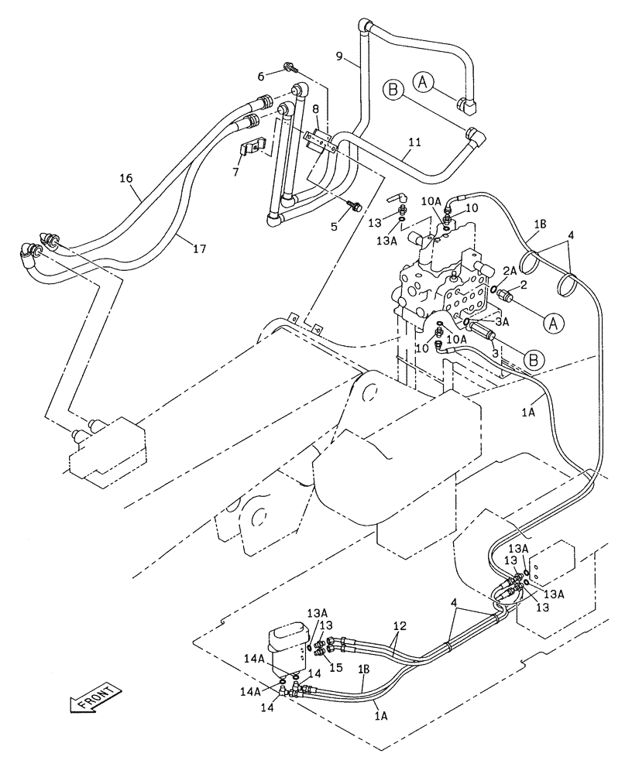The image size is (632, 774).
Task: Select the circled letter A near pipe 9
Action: tap(422, 80)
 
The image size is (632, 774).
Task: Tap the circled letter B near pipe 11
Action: tap(393, 91)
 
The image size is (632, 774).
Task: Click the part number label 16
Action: tap(126, 178)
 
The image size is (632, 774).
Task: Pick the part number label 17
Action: tap(199, 248)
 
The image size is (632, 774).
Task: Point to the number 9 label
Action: tap(339, 55)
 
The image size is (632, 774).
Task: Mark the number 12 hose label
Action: tap(399, 625)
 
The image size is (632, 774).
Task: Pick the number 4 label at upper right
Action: tap(570, 235)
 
